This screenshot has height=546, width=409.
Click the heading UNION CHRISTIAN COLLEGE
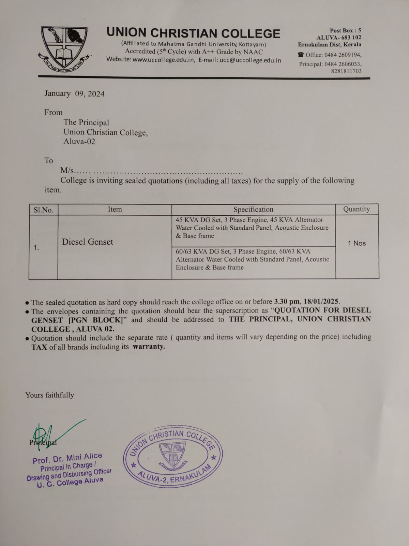click(193, 33)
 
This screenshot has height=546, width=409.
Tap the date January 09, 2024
click(74, 94)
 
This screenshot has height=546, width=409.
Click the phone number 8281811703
click(346, 71)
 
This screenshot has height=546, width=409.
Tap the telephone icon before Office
click(301, 55)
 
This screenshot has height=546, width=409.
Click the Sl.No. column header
click(43, 210)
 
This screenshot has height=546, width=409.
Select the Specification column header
click(253, 210)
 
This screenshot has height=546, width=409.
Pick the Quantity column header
click(357, 209)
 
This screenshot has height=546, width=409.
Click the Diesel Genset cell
click(88, 242)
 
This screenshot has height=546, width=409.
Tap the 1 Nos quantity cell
click(357, 243)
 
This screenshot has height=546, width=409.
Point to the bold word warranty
click(149, 347)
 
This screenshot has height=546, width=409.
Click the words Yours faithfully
click(50, 395)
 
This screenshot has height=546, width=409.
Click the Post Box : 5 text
click(345, 31)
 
